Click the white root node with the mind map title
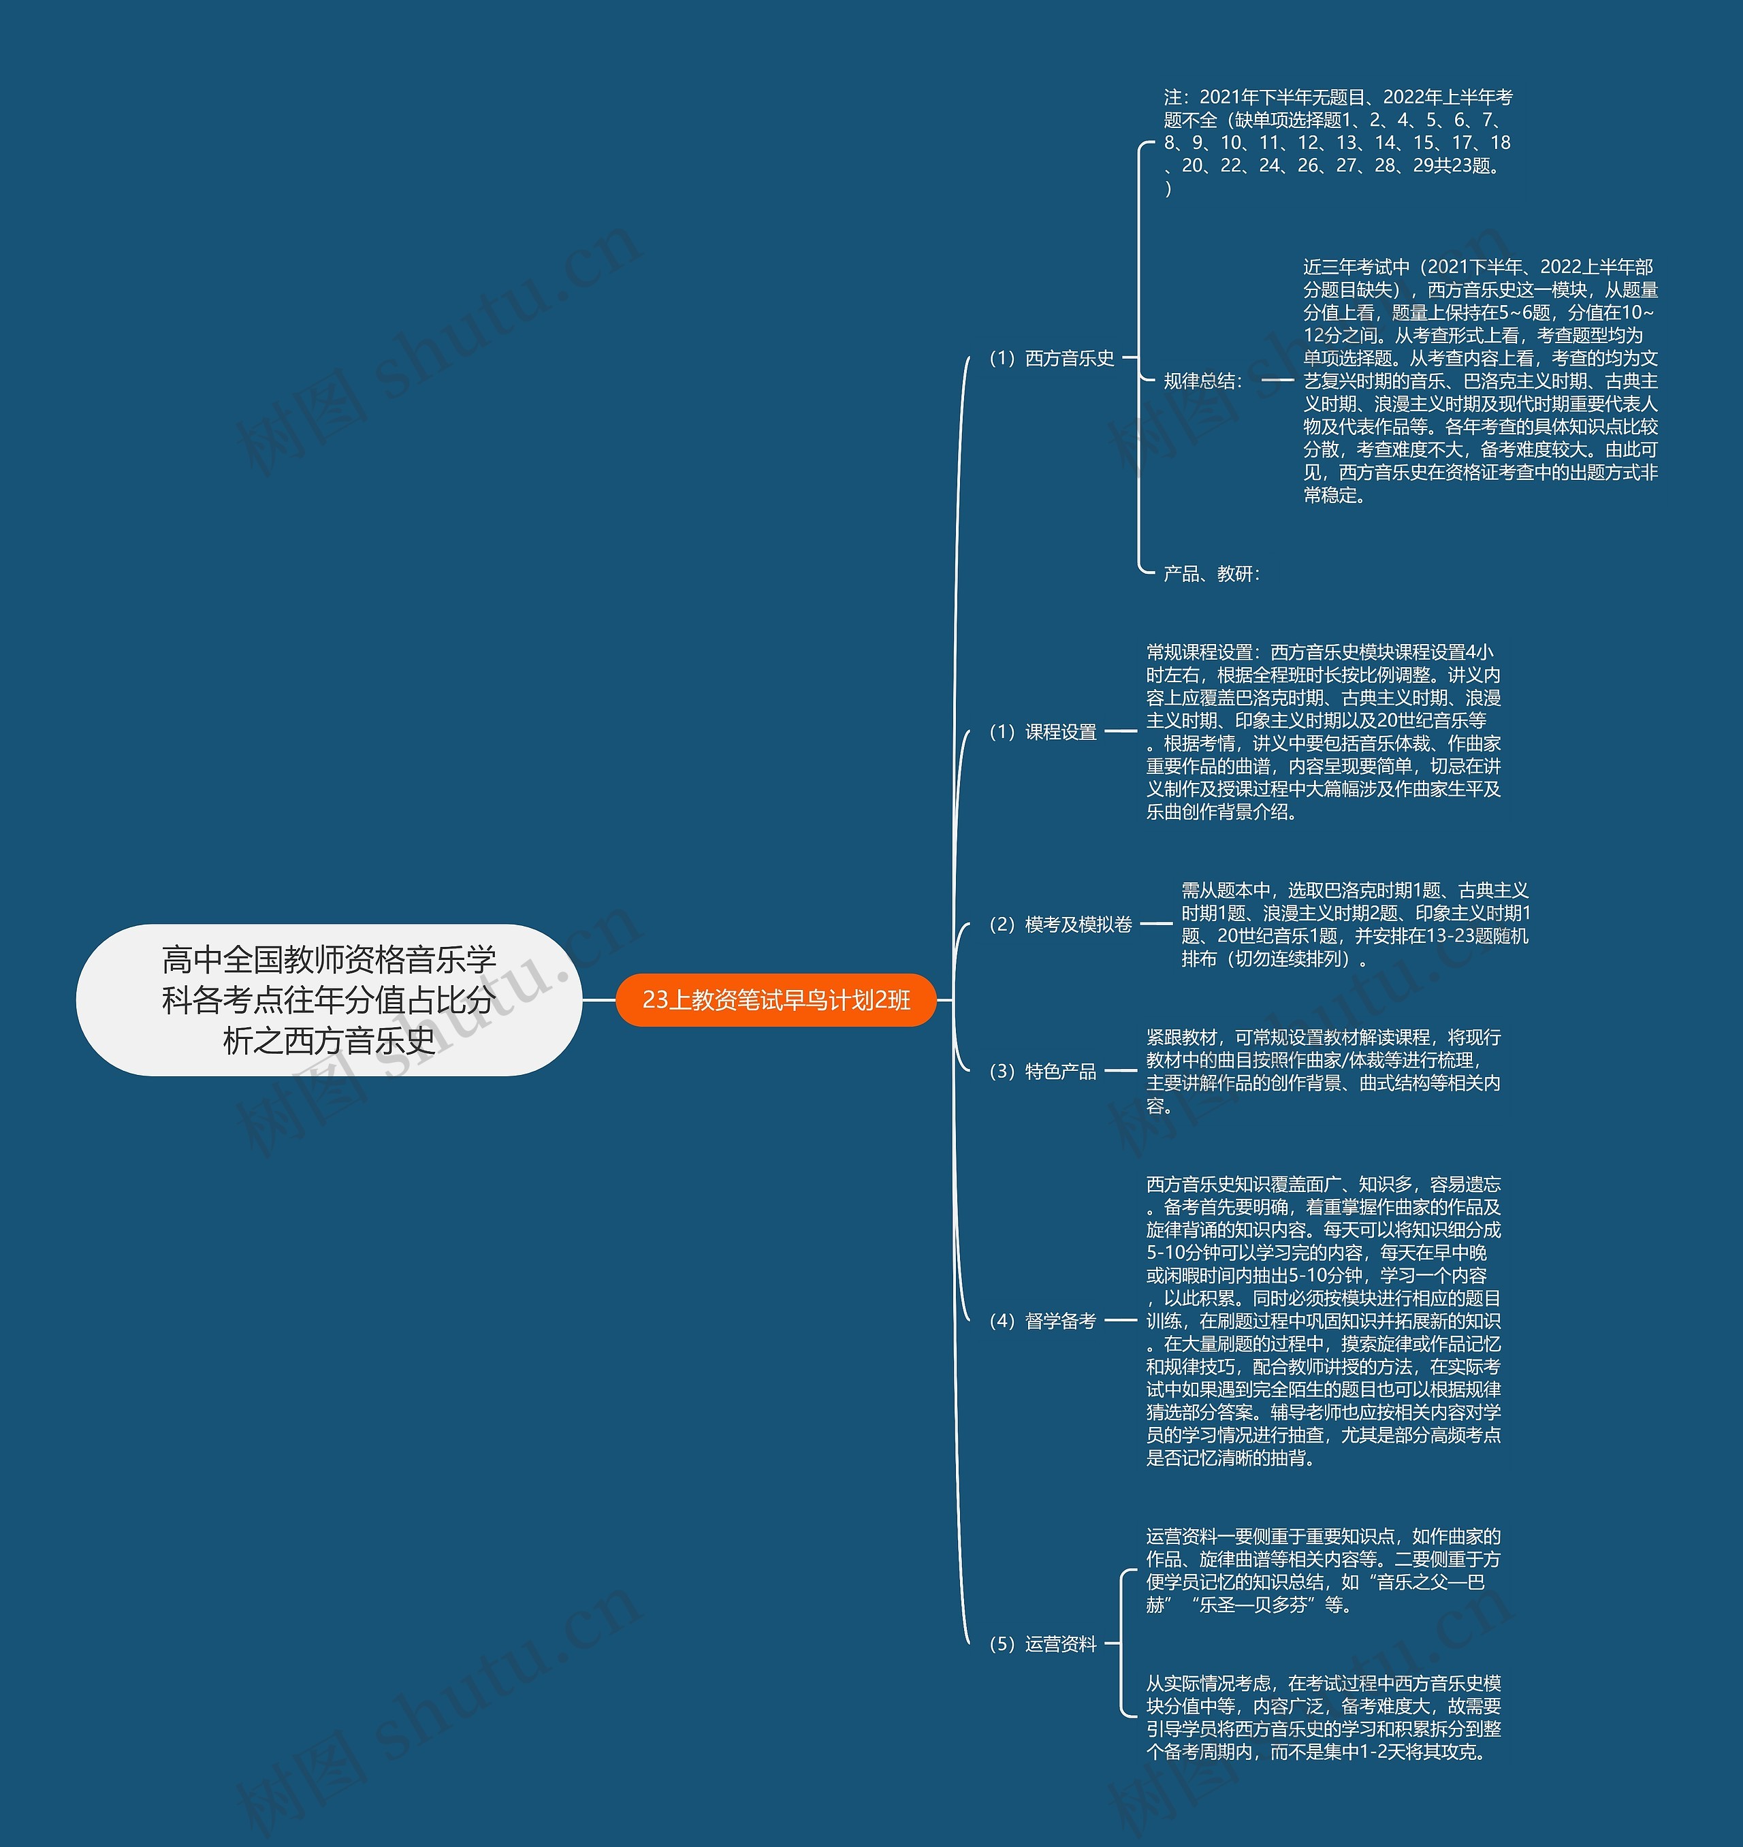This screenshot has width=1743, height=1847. click(x=329, y=999)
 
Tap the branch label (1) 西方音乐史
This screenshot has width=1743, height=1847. click(x=1052, y=357)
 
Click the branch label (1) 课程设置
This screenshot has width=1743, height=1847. click(x=1043, y=732)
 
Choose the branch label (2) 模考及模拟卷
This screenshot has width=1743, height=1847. click(x=1060, y=925)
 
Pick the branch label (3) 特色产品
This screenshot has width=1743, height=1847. click(x=1043, y=1071)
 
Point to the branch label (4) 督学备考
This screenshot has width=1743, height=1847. click(x=1043, y=1320)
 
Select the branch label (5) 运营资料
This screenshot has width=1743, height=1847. click(x=1043, y=1643)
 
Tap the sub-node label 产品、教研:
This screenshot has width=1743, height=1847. click(x=1211, y=573)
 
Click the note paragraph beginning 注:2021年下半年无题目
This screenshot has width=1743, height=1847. click(x=1337, y=142)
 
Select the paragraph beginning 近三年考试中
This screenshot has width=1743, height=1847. click(x=1480, y=381)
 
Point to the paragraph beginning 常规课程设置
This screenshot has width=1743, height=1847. click(x=1323, y=732)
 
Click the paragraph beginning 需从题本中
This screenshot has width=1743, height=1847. click(x=1355, y=925)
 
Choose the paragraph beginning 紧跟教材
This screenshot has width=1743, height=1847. click(x=1323, y=1071)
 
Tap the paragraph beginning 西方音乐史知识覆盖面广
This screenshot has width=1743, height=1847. click(x=1323, y=1320)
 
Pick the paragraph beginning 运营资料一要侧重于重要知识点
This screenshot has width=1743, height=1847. click(x=1323, y=1570)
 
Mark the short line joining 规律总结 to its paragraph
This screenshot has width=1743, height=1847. click(x=1277, y=380)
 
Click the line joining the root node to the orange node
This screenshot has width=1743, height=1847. click(x=599, y=1001)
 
